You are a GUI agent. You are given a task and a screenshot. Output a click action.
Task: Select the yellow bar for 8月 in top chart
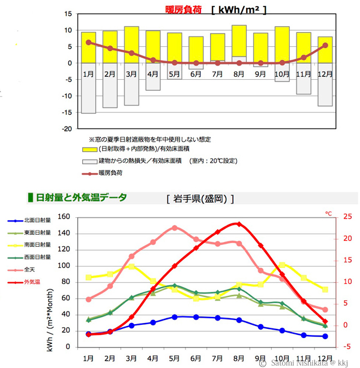click(239, 41)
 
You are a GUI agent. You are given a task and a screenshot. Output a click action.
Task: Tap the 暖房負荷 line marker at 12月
click(325, 45)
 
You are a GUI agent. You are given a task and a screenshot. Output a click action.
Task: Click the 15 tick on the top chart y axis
click(68, 14)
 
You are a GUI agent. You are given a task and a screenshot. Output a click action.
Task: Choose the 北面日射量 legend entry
click(37, 220)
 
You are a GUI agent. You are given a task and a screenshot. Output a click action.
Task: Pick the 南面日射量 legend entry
click(37, 244)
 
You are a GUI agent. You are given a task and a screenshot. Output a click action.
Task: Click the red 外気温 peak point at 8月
click(239, 224)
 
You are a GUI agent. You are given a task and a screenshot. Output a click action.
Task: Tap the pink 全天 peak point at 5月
click(174, 228)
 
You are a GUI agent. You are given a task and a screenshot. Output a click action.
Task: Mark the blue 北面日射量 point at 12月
click(325, 336)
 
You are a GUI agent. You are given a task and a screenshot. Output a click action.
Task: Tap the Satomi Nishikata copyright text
click(306, 363)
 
